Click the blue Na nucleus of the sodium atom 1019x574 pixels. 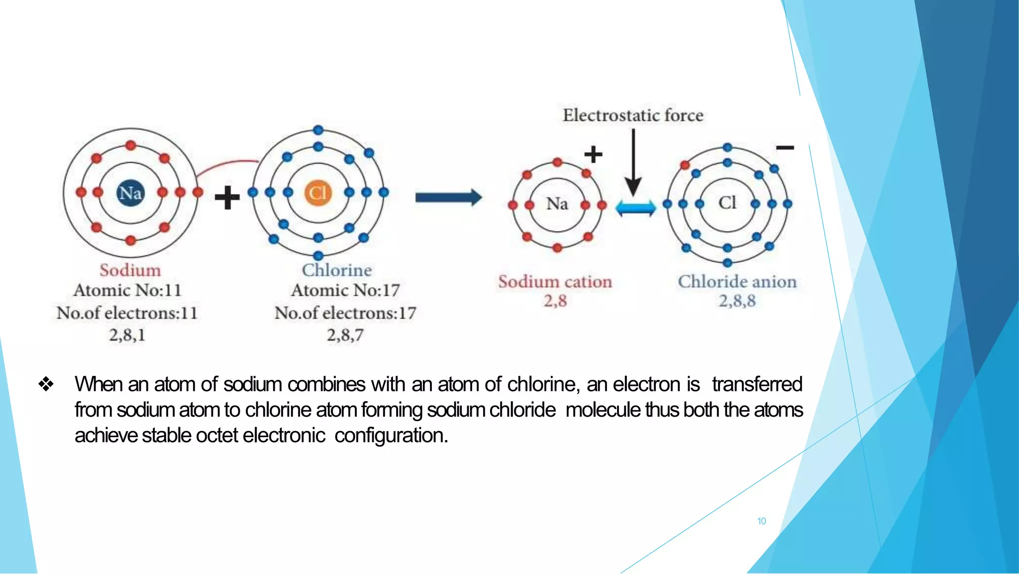[130, 193]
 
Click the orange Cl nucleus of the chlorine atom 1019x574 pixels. [318, 193]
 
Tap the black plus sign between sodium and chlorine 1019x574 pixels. [227, 198]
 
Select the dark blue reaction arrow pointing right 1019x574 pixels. [448, 198]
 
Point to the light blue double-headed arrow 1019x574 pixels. [635, 208]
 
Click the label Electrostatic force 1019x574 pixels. [633, 115]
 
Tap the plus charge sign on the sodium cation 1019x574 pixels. [593, 154]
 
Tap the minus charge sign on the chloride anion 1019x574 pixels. [785, 148]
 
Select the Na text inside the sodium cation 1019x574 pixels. [557, 204]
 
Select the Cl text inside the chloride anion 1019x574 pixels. [727, 203]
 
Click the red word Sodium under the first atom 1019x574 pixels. [130, 270]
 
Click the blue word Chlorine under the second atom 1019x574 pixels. [337, 270]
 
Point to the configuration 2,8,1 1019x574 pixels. [127, 335]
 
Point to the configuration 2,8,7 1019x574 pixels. [345, 335]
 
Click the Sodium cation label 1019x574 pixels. [555, 282]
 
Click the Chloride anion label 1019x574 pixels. [737, 282]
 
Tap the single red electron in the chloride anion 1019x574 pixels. [685, 165]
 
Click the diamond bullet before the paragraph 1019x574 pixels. [46, 384]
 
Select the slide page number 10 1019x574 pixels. [761, 521]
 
